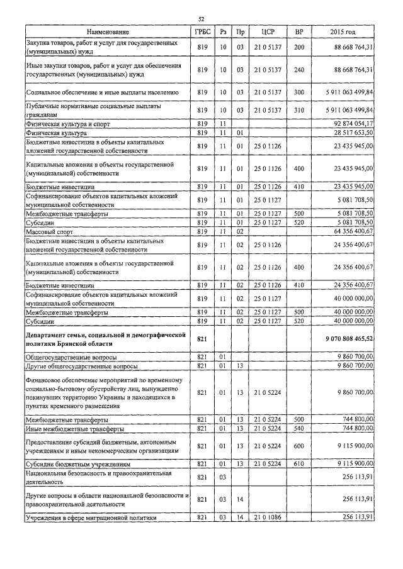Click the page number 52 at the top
click(x=201, y=19)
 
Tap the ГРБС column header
click(x=201, y=31)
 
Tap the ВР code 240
click(x=299, y=69)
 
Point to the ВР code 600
click(x=299, y=446)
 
